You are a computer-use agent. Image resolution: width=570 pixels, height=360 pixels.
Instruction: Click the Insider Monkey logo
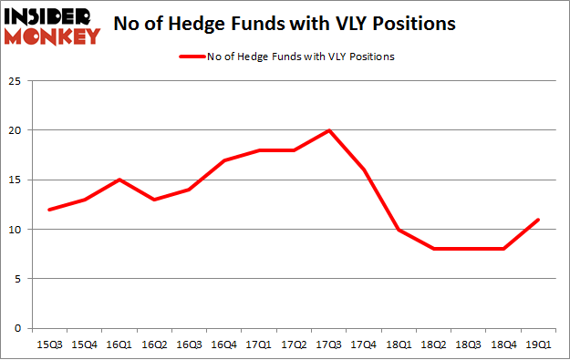click(51, 26)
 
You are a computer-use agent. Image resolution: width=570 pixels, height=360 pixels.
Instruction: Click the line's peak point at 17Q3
click(328, 130)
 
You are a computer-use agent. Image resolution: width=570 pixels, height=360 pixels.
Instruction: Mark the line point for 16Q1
click(119, 180)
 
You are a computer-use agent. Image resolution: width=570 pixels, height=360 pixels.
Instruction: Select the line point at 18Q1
click(399, 229)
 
